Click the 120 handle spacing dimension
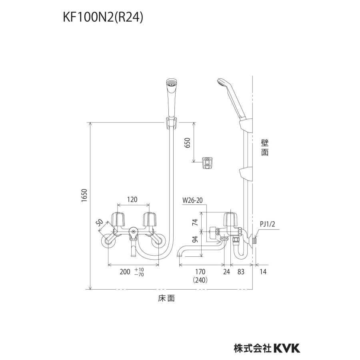[134, 198]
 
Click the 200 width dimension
[125, 272]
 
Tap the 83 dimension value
[240, 272]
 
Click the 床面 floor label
[166, 298]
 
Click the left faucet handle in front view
[119, 218]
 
